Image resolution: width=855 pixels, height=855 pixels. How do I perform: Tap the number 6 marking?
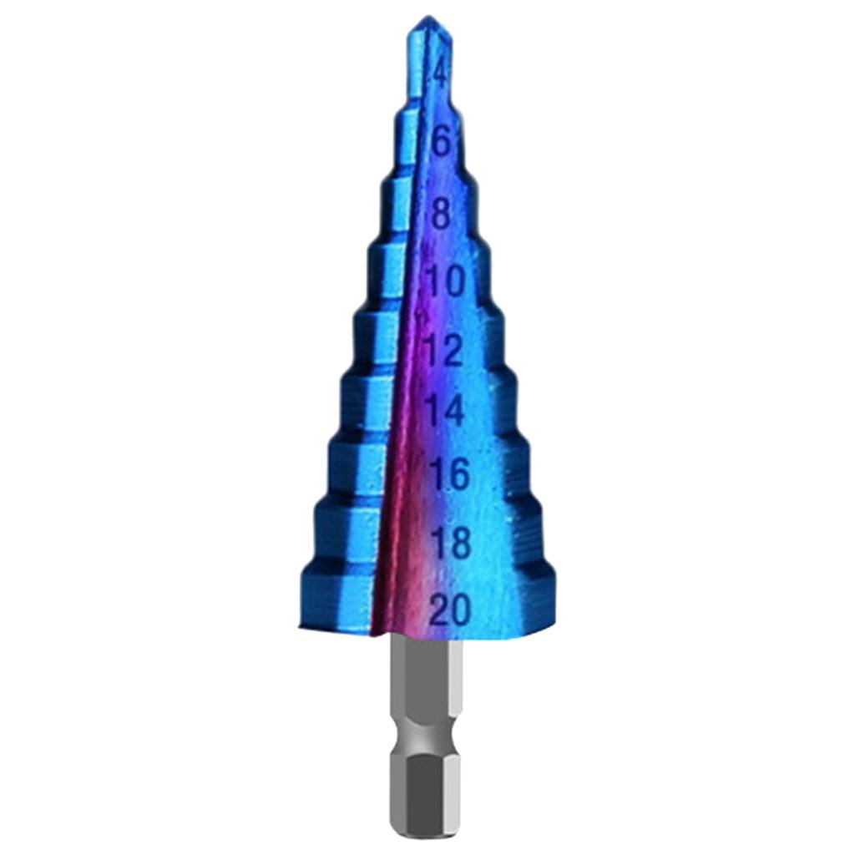[x=442, y=142]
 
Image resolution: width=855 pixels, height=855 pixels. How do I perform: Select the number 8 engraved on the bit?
[x=441, y=214]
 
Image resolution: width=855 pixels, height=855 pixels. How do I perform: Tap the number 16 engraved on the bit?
[x=449, y=474]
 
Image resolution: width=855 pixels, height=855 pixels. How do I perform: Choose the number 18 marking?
[x=451, y=543]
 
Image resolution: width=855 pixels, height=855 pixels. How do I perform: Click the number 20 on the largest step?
[x=451, y=610]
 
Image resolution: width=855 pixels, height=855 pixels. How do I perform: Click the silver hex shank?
[x=426, y=685]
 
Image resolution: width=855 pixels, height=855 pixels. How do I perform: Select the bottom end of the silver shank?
[x=426, y=831]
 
